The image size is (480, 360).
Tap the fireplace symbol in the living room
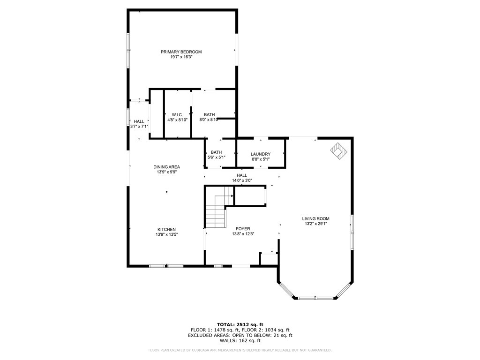pyautogui.click(x=338, y=151)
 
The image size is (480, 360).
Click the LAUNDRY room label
pyautogui.click(x=260, y=154)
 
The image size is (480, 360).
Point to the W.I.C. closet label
pyautogui.click(x=177, y=115)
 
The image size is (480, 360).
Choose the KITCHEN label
pyautogui.click(x=166, y=229)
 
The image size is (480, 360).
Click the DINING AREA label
pyautogui.click(x=166, y=167)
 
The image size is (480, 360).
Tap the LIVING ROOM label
pyautogui.click(x=315, y=218)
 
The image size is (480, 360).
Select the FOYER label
pyautogui.click(x=242, y=229)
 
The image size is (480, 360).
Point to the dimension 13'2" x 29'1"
pyautogui.click(x=315, y=224)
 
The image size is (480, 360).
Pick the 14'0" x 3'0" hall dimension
pyautogui.click(x=241, y=180)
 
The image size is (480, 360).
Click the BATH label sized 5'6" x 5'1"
pyautogui.click(x=216, y=152)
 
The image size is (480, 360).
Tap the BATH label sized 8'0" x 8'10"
pyautogui.click(x=209, y=115)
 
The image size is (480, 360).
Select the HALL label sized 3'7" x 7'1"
pyautogui.click(x=139, y=121)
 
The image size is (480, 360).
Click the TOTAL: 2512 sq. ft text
pyautogui.click(x=240, y=324)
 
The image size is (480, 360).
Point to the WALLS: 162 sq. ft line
pyautogui.click(x=240, y=341)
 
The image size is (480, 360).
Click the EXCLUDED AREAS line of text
pyautogui.click(x=240, y=335)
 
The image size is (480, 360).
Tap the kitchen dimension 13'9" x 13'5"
pyautogui.click(x=166, y=234)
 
